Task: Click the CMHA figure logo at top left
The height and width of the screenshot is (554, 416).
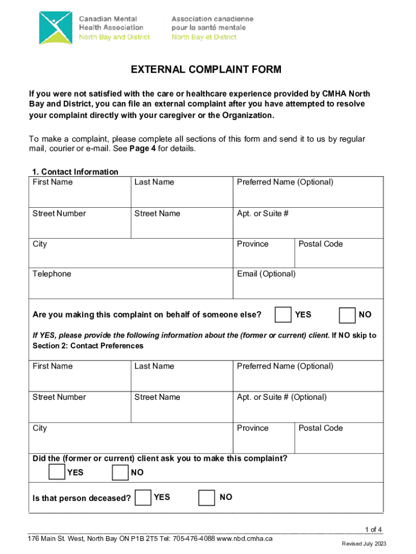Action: pyautogui.click(x=55, y=28)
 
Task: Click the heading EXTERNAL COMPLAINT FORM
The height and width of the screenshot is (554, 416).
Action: pyautogui.click(x=206, y=70)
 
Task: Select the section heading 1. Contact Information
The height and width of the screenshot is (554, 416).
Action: pyautogui.click(x=75, y=172)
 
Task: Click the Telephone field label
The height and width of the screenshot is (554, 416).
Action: pyautogui.click(x=52, y=274)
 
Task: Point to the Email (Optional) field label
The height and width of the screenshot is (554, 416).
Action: pyautogui.click(x=266, y=274)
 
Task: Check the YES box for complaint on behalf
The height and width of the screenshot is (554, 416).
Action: pyautogui.click(x=283, y=314)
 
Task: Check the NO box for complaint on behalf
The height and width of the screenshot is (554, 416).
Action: pyautogui.click(x=347, y=314)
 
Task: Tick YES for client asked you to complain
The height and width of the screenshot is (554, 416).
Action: pyautogui.click(x=56, y=472)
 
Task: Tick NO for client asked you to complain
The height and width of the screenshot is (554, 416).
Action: pyautogui.click(x=120, y=472)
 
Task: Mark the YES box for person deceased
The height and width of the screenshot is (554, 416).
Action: pyautogui.click(x=143, y=497)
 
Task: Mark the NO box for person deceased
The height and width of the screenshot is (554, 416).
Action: pyautogui.click(x=207, y=497)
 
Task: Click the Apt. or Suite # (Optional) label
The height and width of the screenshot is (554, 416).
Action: pyautogui.click(x=281, y=397)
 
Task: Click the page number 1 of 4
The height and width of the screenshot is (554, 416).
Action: pyautogui.click(x=374, y=530)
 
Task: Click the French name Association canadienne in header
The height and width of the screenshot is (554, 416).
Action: pyautogui.click(x=212, y=19)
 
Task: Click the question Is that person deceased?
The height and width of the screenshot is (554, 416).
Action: pyautogui.click(x=82, y=498)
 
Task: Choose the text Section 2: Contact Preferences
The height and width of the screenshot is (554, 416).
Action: pyautogui.click(x=88, y=346)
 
